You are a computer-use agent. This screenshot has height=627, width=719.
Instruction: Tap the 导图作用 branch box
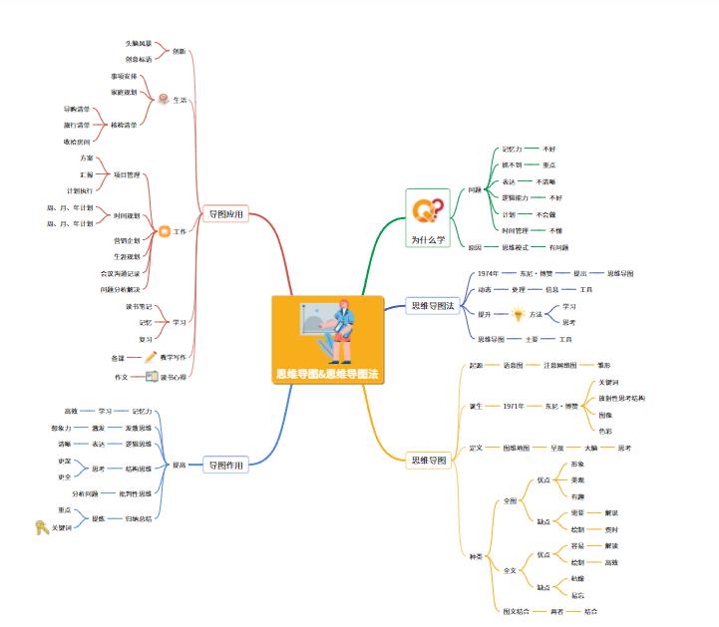[225, 465]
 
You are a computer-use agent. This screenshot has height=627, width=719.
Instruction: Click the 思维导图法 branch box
[433, 306]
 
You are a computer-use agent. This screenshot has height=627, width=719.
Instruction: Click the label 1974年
[488, 273]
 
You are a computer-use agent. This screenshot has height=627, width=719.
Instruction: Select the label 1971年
[514, 406]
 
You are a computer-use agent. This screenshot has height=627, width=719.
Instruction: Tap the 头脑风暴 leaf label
[139, 44]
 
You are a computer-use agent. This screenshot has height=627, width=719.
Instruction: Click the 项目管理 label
[126, 174]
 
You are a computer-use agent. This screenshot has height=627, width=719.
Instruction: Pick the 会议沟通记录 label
[120, 272]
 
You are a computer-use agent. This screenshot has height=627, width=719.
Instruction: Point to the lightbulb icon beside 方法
[518, 314]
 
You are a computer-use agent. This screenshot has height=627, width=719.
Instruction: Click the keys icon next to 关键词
[41, 528]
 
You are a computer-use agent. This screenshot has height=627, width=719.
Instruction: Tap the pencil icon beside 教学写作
[152, 356]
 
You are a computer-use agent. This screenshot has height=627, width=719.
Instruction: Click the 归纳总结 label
[138, 518]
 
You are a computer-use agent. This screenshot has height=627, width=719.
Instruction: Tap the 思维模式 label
[515, 247]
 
